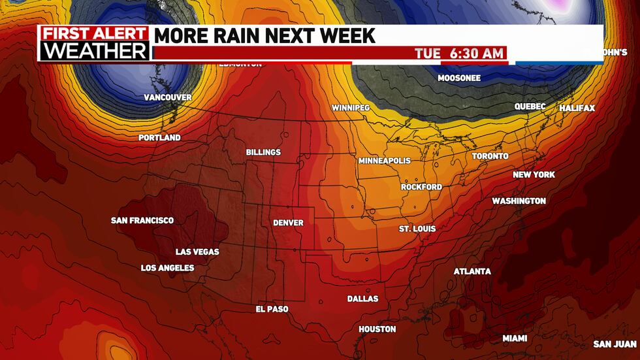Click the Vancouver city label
(168, 97)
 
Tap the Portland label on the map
(159, 138)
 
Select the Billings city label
(263, 152)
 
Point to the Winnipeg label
(351, 107)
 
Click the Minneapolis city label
(385, 160)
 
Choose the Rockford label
(421, 187)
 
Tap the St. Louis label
(417, 229)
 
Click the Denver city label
(288, 223)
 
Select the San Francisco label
(142, 220)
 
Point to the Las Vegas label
(197, 252)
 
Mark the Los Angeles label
(167, 268)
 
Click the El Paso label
(272, 309)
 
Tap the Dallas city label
(362, 299)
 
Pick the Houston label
(377, 329)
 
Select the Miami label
(515, 338)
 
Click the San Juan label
(615, 344)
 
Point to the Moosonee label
(459, 78)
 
